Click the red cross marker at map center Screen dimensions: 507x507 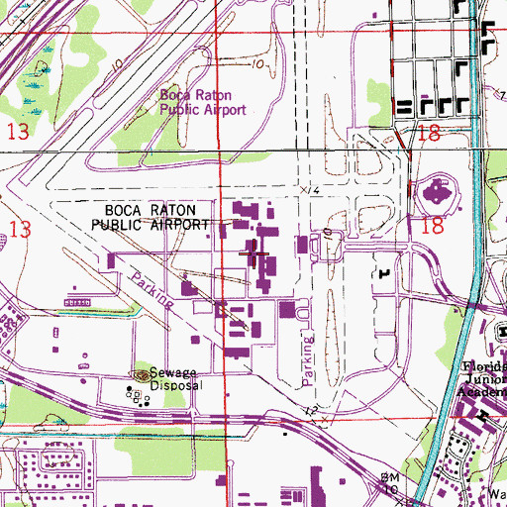[x=255, y=254]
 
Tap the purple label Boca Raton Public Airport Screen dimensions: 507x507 [x=203, y=103]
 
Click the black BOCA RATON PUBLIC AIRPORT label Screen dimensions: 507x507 [x=152, y=218]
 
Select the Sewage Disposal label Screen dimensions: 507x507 [x=163, y=380]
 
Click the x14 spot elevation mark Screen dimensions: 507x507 [x=311, y=188]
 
